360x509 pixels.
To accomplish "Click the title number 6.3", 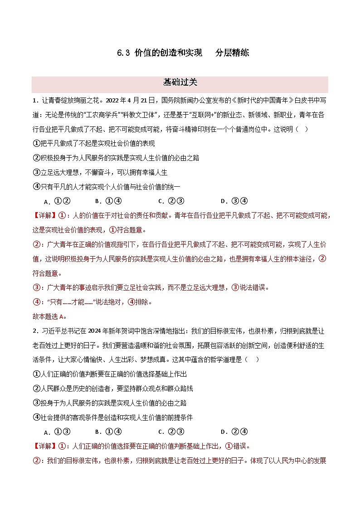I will click(x=124, y=53).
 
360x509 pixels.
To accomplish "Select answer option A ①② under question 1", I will click(x=57, y=201).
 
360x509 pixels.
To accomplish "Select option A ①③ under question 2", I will click(x=57, y=431).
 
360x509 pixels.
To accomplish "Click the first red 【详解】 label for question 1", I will click(x=44, y=216).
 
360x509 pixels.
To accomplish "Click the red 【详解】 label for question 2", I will click(x=44, y=446).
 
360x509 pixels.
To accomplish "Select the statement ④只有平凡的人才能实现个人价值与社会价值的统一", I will click(x=107, y=187).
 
